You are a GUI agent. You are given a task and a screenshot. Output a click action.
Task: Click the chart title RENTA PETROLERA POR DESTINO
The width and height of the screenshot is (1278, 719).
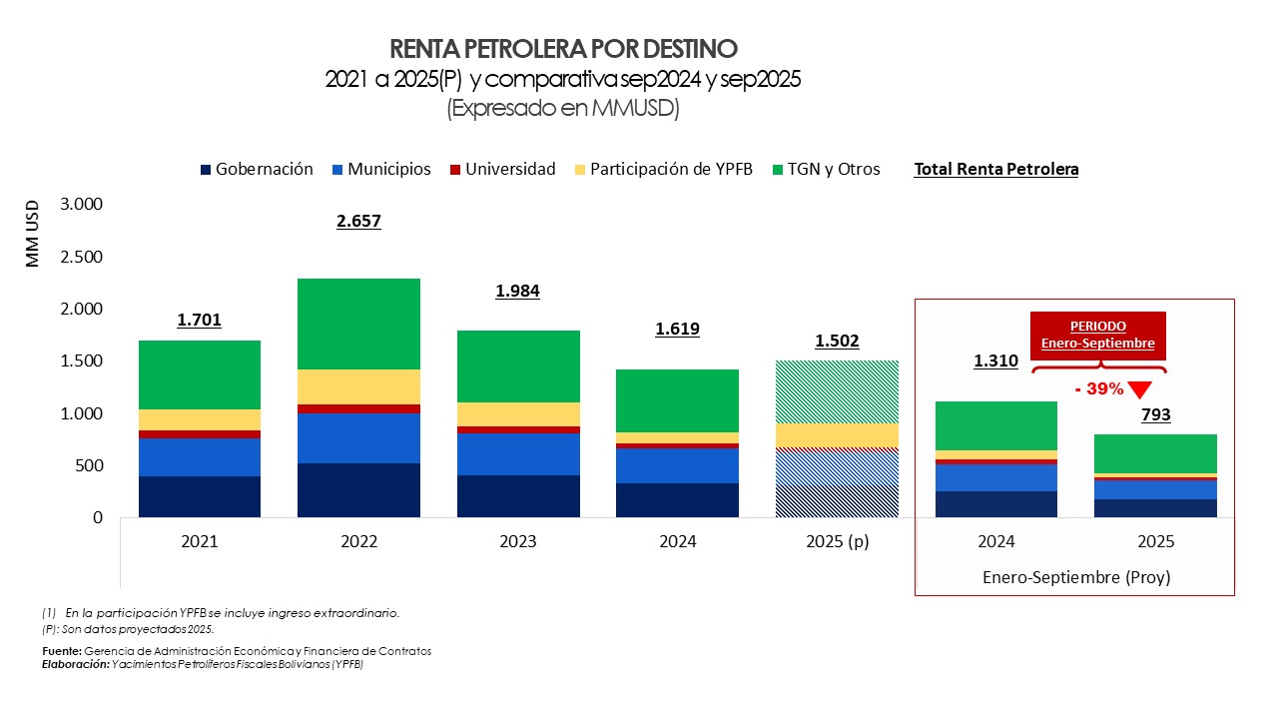click(563, 49)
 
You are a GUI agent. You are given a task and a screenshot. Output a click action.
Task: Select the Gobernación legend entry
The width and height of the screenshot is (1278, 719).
click(258, 170)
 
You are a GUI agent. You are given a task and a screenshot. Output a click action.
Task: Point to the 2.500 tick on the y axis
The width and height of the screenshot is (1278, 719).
click(80, 257)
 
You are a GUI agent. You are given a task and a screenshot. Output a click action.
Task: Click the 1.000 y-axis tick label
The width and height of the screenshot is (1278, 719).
click(80, 413)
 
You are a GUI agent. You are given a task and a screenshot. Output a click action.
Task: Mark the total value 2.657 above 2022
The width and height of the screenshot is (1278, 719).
click(358, 222)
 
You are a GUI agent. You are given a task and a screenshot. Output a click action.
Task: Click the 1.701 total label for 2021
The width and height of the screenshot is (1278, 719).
click(199, 321)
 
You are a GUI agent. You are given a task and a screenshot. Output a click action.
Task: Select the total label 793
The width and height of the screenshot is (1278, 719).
click(1155, 414)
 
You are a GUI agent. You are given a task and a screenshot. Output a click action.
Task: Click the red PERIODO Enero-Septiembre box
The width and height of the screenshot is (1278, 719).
click(1097, 335)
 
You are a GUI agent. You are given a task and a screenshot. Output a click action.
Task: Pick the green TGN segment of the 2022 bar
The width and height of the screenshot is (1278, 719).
click(358, 324)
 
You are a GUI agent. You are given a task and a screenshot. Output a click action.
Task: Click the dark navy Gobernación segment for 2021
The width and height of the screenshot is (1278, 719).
click(199, 496)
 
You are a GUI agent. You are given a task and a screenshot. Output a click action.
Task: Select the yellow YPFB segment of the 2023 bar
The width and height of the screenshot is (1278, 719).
click(518, 414)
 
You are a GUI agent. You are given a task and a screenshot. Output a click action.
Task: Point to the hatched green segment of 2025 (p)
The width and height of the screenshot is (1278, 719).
click(837, 391)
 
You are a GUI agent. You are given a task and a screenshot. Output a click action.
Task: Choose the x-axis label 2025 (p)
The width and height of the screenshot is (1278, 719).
click(837, 542)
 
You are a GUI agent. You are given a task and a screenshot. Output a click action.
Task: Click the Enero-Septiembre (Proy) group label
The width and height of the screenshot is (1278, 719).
click(1075, 577)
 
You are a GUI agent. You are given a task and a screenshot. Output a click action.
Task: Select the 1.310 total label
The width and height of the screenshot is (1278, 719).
click(995, 360)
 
